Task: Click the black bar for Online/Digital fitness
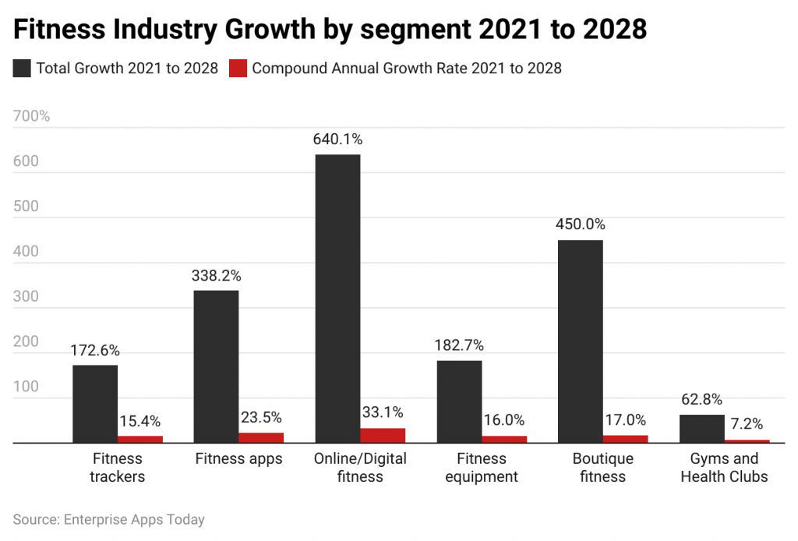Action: (x=337, y=299)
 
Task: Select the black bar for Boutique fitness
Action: (x=580, y=341)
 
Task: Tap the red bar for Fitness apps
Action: (x=261, y=437)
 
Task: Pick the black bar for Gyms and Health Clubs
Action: (x=701, y=429)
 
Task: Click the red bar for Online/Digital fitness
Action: (x=383, y=435)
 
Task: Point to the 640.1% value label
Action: (x=338, y=140)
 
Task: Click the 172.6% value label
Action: (x=95, y=351)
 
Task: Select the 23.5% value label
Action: (x=261, y=418)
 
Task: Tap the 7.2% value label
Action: (x=747, y=425)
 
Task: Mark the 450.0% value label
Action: (x=580, y=225)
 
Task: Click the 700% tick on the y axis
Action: (x=31, y=117)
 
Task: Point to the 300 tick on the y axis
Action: (x=25, y=297)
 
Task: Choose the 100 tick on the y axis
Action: (x=25, y=387)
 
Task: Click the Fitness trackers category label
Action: (x=118, y=467)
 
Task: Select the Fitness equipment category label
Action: (x=482, y=467)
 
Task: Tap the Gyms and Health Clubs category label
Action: (x=724, y=467)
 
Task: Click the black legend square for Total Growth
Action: (x=22, y=69)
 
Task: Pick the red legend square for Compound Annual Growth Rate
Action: (x=238, y=69)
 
